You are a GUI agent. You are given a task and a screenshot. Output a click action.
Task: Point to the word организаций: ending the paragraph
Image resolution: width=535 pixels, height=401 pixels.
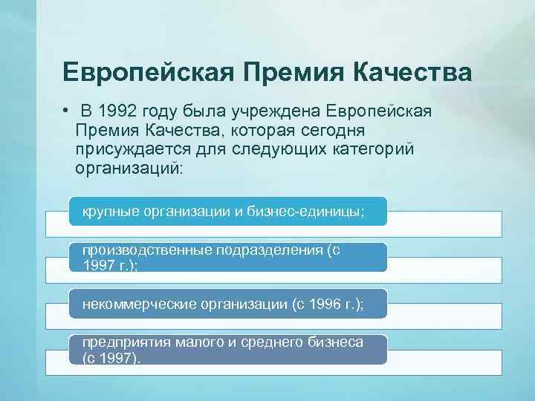click(x=127, y=168)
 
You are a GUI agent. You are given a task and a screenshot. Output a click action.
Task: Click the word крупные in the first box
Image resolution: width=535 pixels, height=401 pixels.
click(x=111, y=212)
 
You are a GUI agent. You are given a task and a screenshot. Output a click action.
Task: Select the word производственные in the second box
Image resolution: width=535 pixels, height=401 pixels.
click(x=146, y=250)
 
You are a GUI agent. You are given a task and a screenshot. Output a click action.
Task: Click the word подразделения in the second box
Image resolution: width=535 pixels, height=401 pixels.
click(x=270, y=250)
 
